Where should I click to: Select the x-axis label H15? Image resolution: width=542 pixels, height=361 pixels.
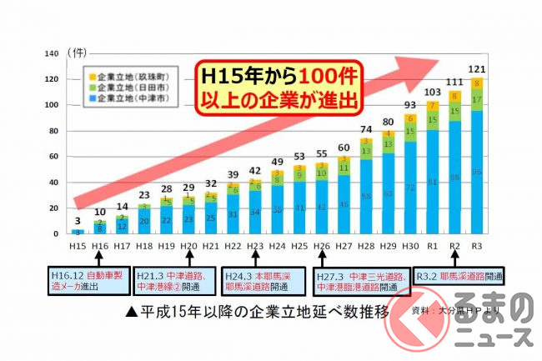77,246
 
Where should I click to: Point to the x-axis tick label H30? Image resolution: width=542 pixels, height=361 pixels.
409,246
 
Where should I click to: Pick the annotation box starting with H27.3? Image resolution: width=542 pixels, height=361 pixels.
359,279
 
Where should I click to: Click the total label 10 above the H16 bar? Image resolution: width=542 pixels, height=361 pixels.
99,212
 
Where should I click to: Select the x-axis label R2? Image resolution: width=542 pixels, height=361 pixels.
454,246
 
